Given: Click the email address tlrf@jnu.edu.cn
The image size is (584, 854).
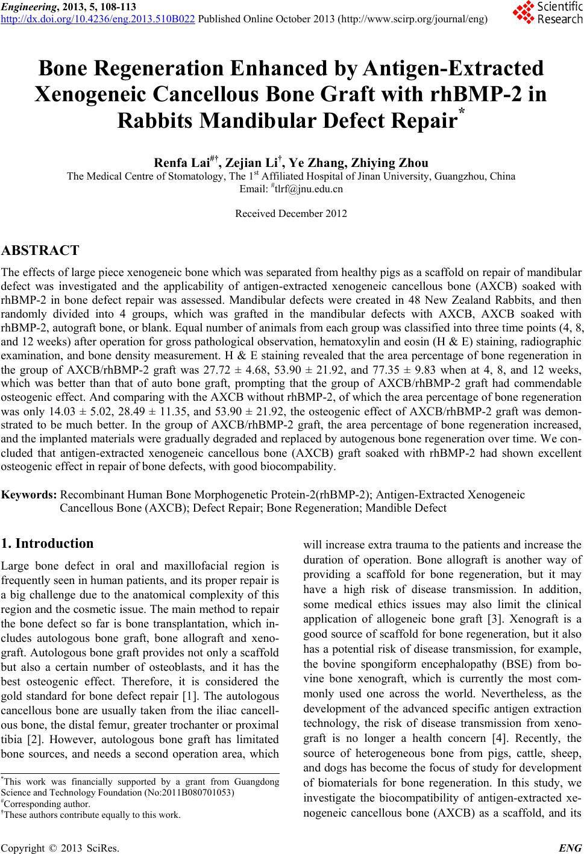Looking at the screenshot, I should tap(294, 189).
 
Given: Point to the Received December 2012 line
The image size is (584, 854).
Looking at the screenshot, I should tap(291, 213).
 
